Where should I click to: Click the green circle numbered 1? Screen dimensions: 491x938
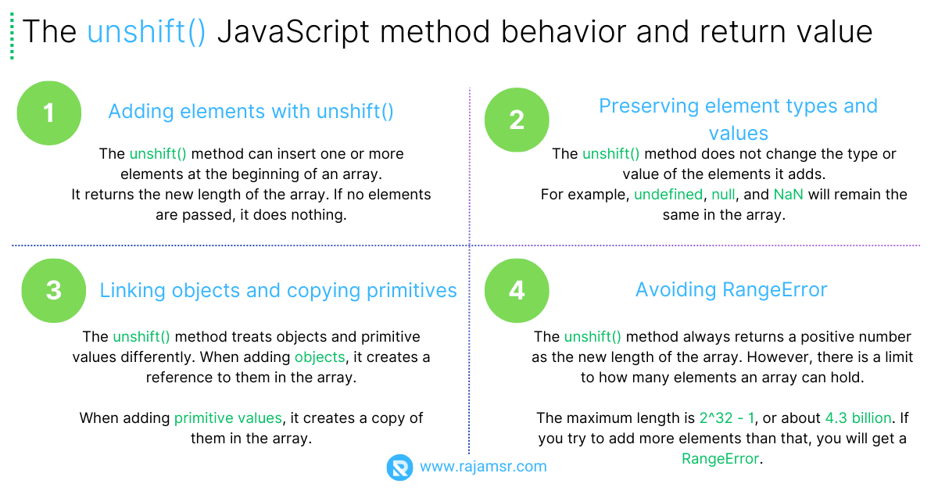(x=49, y=113)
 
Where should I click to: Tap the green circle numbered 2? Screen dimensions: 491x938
(x=517, y=120)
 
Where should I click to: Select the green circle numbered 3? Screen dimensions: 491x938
(x=53, y=291)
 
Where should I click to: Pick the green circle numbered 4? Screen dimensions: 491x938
(x=517, y=291)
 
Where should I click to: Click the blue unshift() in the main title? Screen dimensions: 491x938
(x=146, y=32)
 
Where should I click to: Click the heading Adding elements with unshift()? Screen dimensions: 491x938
(x=250, y=112)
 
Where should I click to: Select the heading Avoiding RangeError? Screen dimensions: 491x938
(x=731, y=290)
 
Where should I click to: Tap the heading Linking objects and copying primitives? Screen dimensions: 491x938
(x=278, y=291)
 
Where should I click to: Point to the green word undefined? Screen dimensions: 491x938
(x=668, y=194)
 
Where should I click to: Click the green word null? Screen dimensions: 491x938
(x=723, y=194)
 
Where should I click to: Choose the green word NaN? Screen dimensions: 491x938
(x=788, y=194)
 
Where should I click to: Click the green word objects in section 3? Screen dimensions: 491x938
(x=320, y=357)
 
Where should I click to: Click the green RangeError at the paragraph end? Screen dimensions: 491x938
(x=720, y=459)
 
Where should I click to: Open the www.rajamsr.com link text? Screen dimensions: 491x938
(x=483, y=467)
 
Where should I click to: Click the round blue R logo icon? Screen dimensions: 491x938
(x=399, y=468)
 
